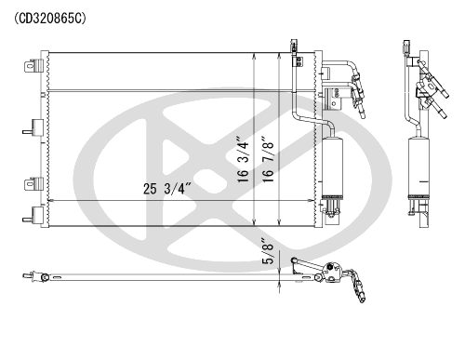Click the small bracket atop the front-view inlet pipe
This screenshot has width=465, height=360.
click(x=295, y=47)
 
